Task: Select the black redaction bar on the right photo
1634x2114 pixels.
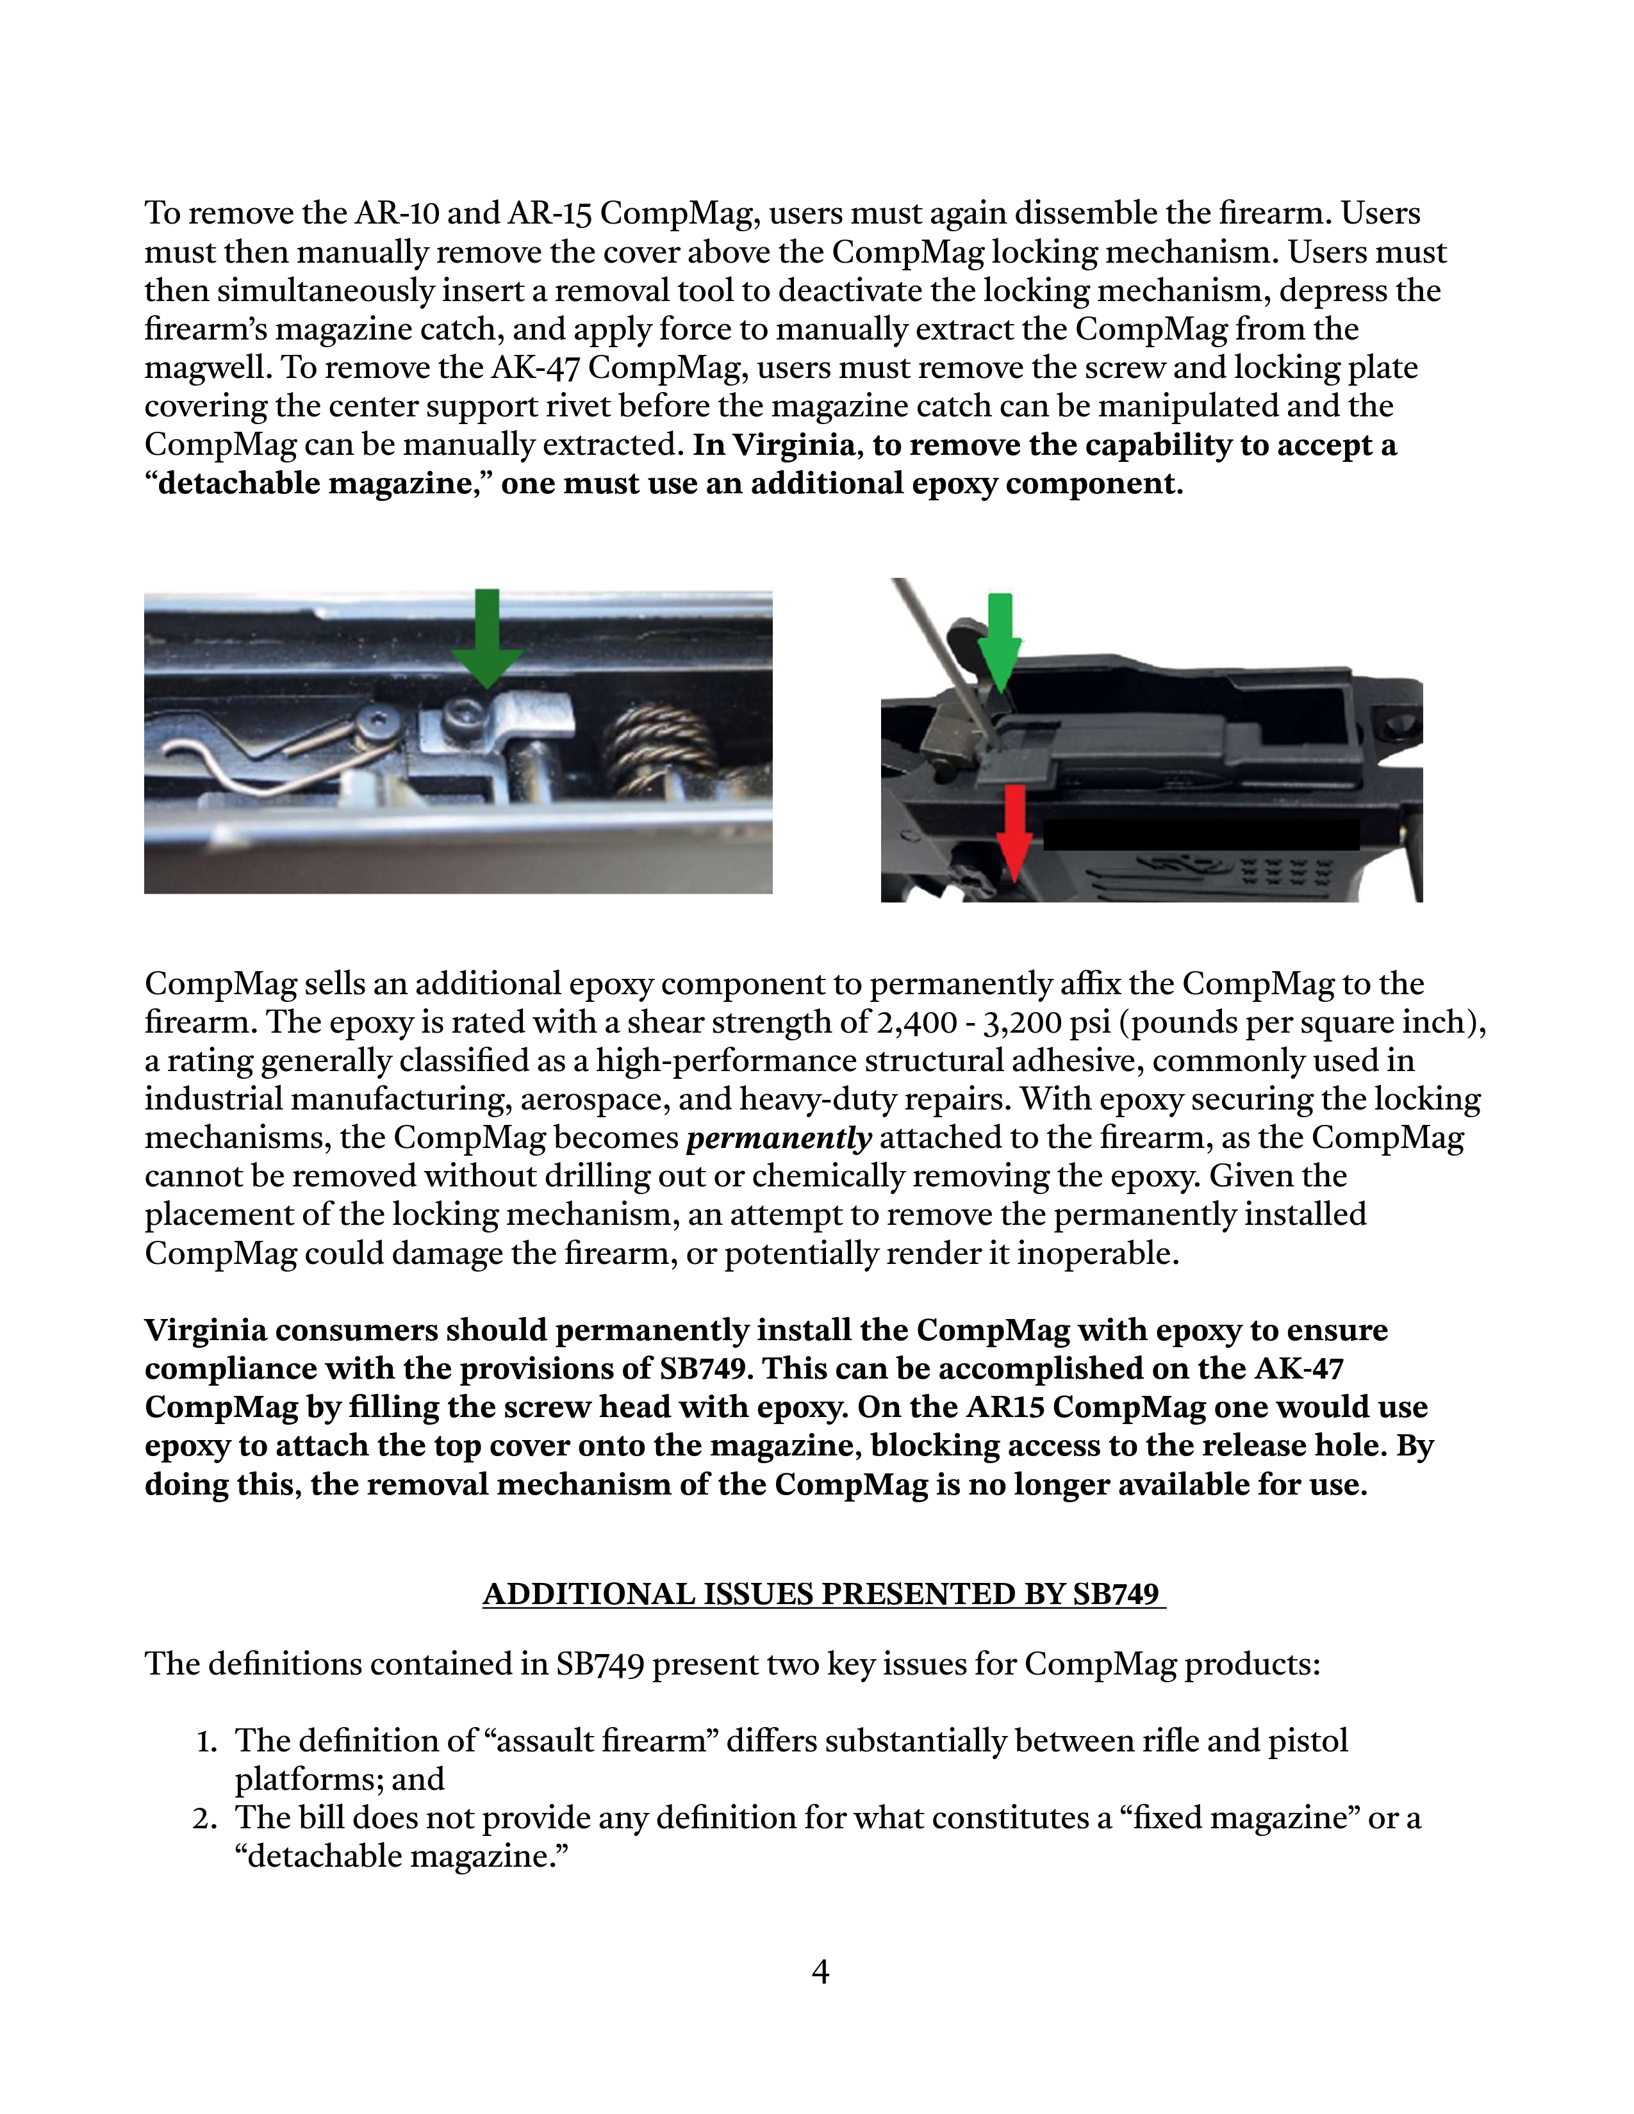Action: (1200, 834)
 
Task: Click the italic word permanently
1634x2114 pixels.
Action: (779, 1137)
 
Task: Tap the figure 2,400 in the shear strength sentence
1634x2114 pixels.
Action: (899, 1022)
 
